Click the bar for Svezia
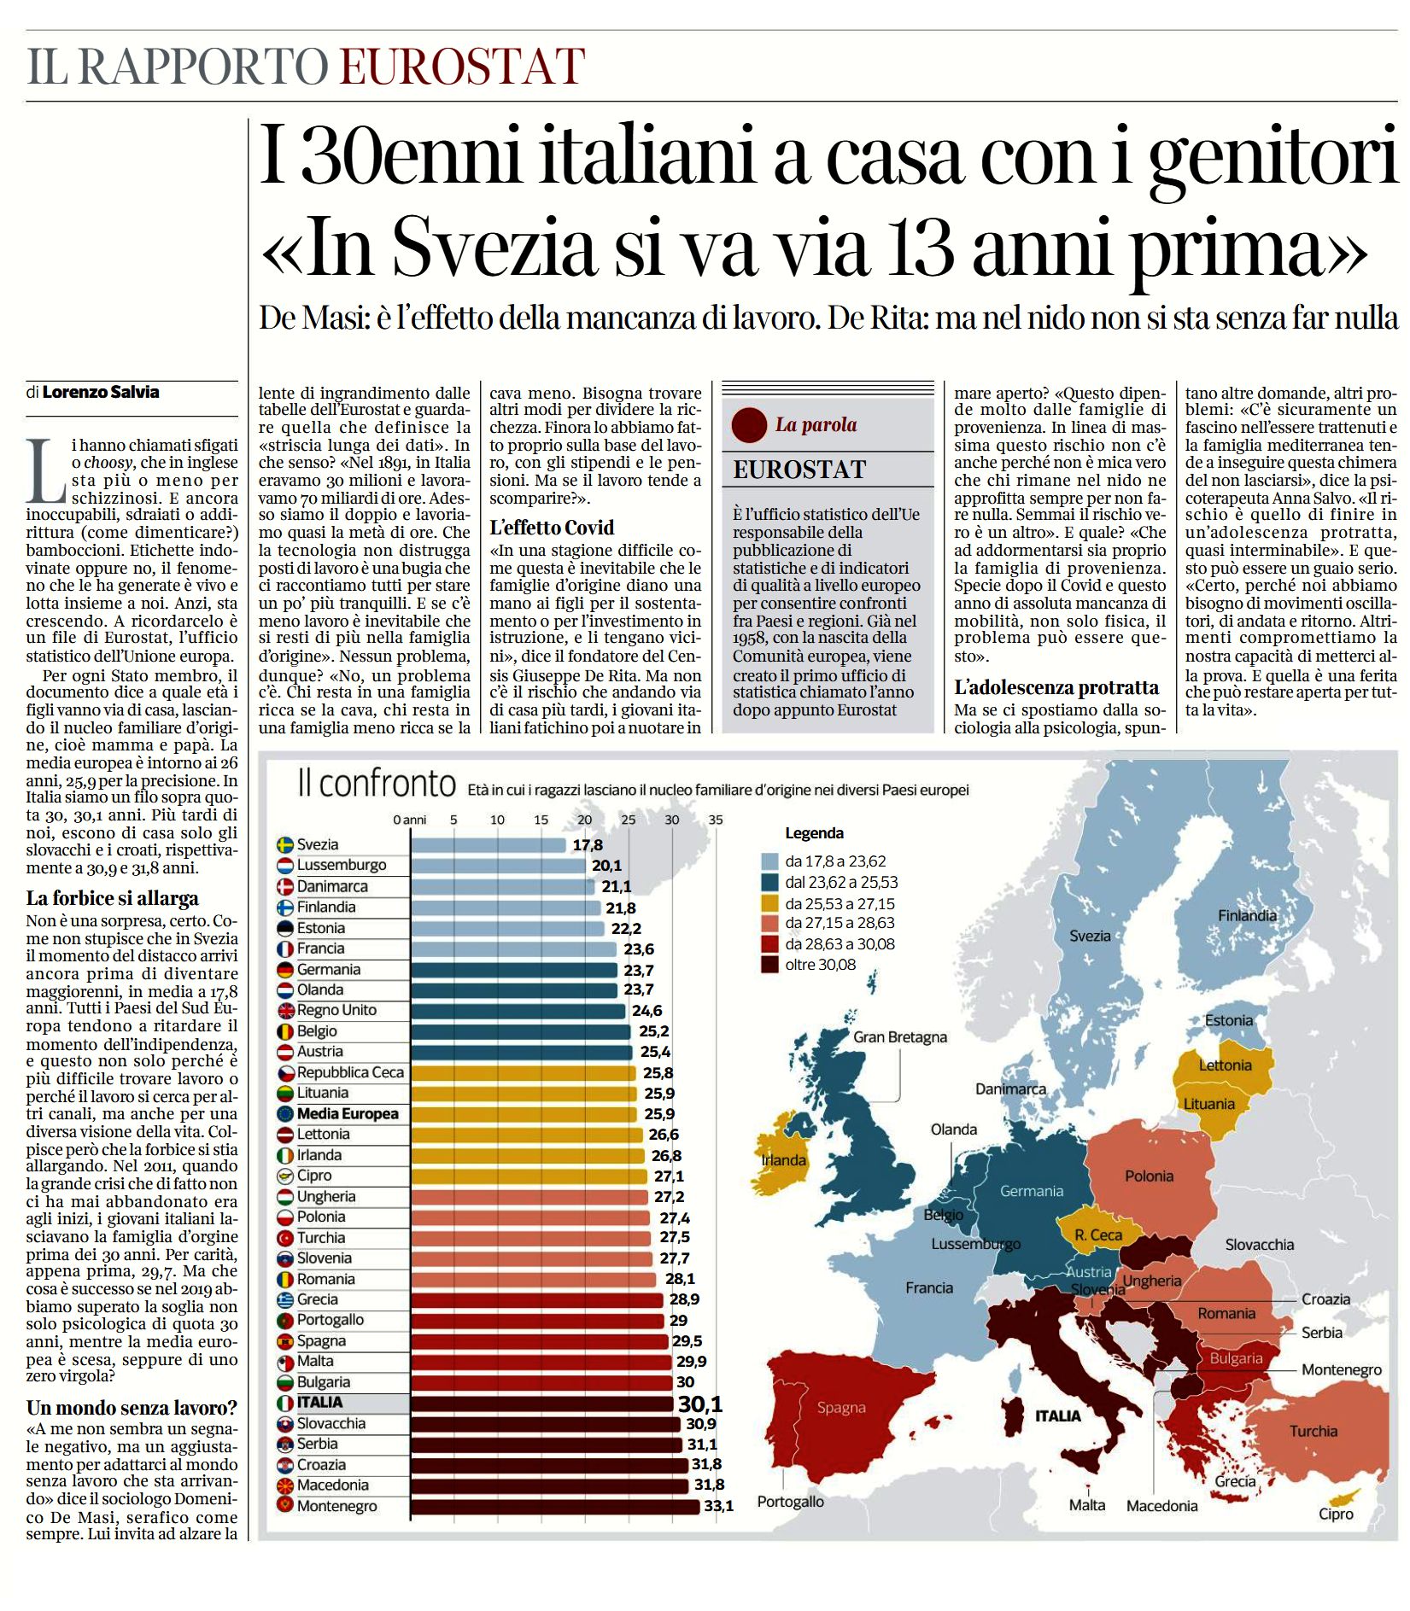coord(489,844)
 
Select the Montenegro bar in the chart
coord(555,1506)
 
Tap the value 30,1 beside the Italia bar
coord(700,1404)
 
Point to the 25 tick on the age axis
coord(629,820)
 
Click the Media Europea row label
coord(348,1113)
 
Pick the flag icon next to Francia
coord(285,949)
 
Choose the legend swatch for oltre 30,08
coord(769,965)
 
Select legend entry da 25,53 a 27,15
coord(840,903)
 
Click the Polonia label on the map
coord(1149,1176)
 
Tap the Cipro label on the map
coord(1336,1514)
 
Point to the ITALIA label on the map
coord(1058,1415)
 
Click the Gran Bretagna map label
coord(900,1037)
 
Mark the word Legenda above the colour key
coord(814,833)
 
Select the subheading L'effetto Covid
coord(552,528)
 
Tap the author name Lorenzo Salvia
coord(101,392)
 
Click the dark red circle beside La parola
coord(750,424)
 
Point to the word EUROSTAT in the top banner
coord(463,66)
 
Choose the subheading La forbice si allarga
coord(113,898)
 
